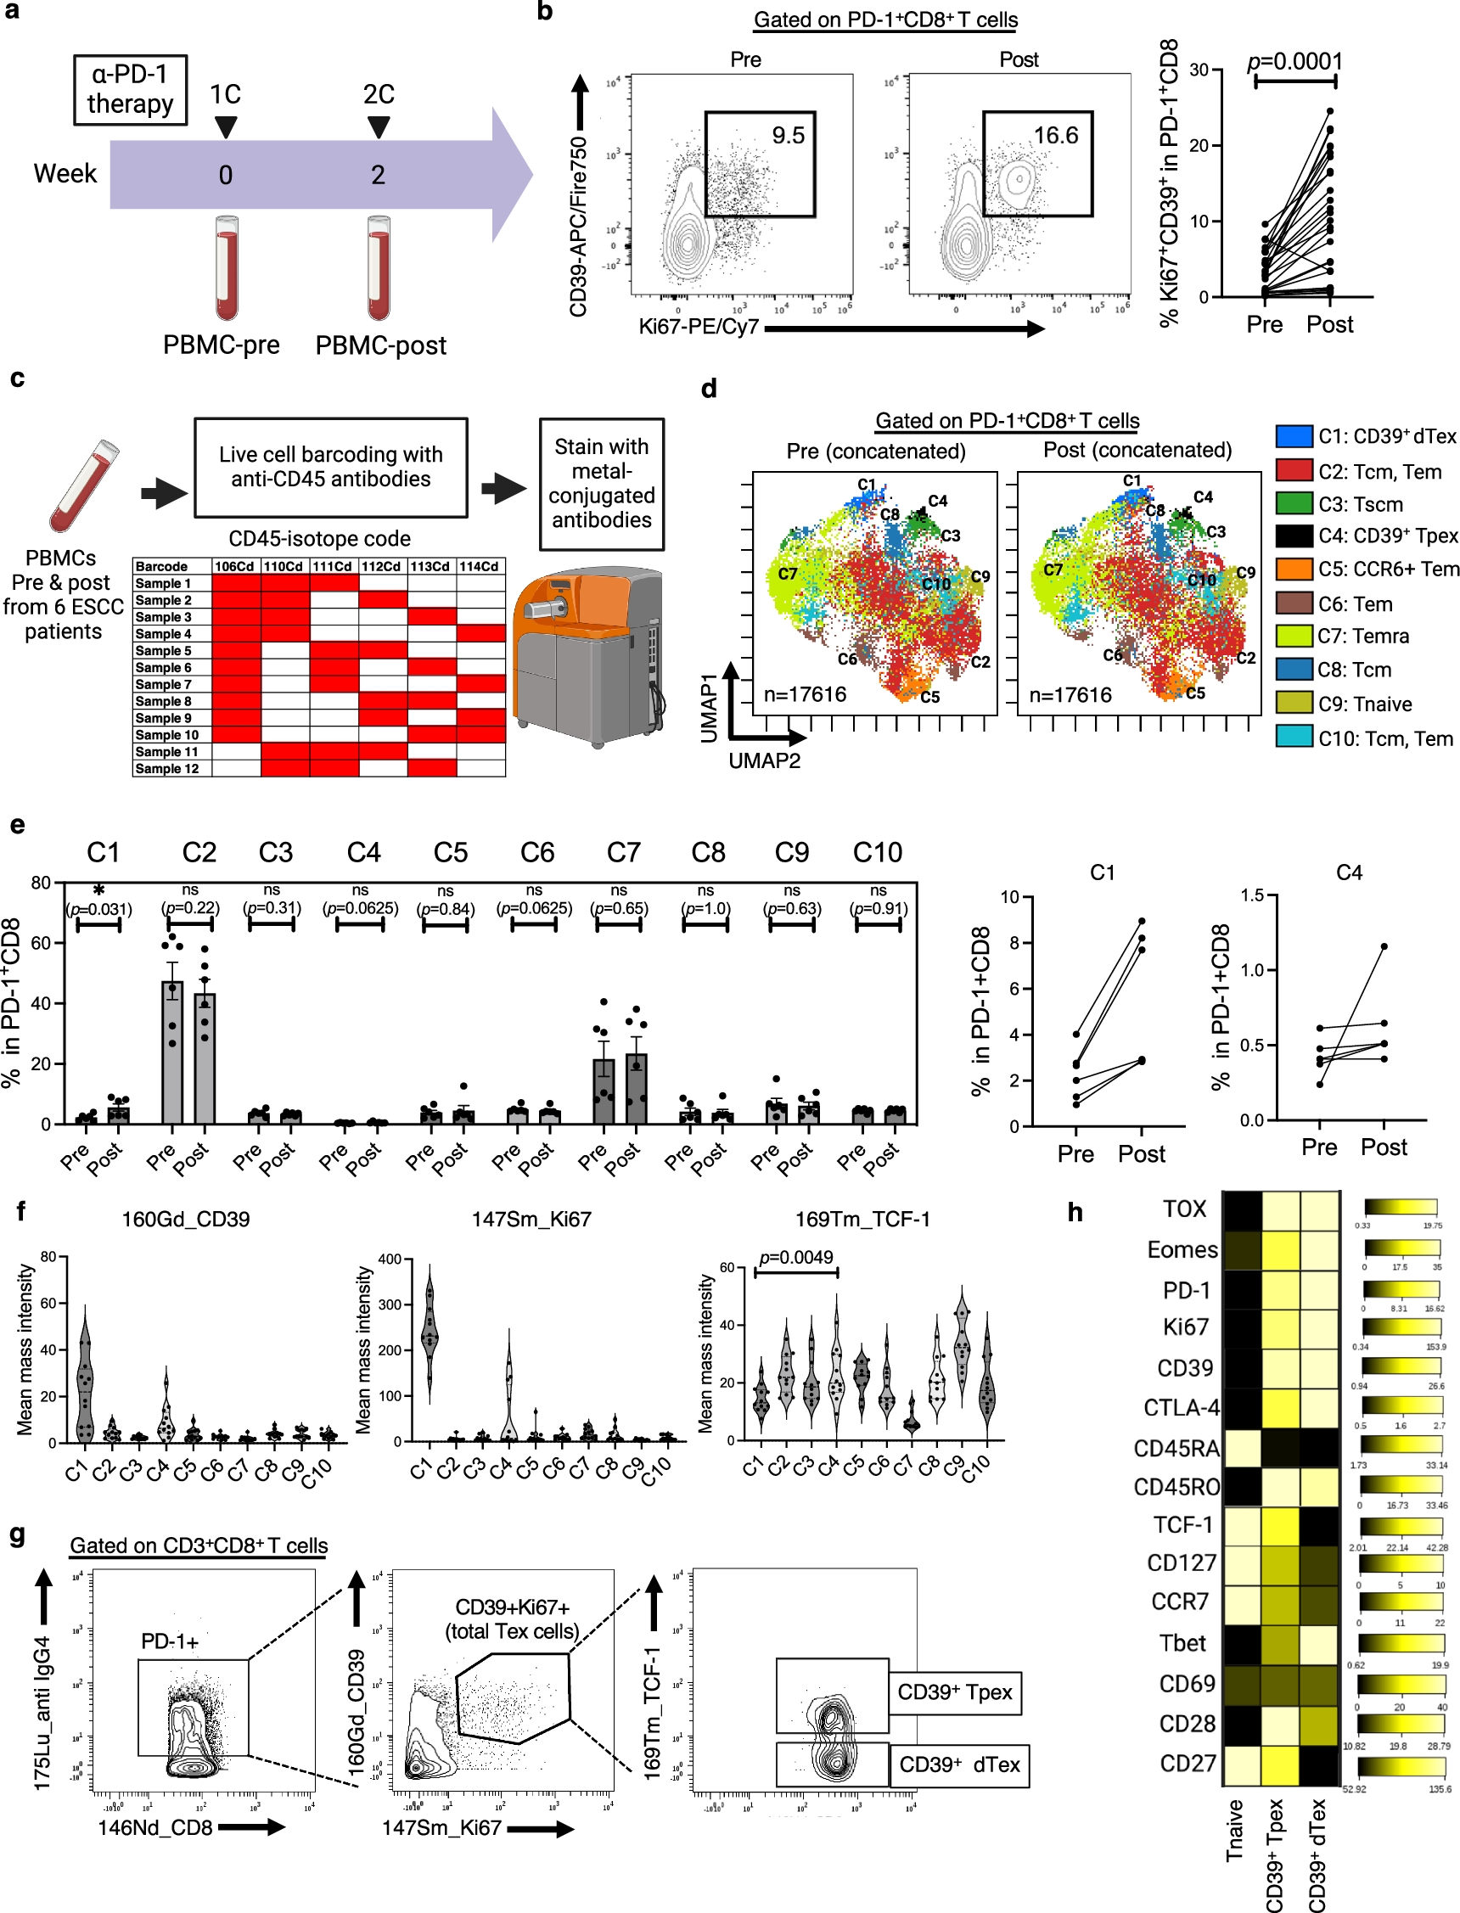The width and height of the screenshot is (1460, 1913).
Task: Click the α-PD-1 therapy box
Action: point(131,89)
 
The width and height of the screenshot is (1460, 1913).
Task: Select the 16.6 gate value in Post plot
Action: point(1055,136)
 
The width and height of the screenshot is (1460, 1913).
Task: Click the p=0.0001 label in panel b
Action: point(1294,62)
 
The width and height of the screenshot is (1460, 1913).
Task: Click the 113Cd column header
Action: point(431,566)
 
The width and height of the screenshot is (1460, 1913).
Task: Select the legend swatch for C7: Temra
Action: point(1293,635)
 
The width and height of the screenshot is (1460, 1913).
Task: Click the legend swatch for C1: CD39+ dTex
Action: point(1293,436)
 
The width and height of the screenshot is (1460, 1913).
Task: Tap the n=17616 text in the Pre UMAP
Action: point(805,694)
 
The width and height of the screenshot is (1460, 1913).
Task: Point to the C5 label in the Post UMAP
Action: point(1196,693)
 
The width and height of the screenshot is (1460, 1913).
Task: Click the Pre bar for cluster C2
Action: point(172,1052)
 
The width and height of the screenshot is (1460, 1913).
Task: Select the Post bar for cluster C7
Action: point(636,1088)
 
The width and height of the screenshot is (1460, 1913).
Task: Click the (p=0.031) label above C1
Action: point(99,909)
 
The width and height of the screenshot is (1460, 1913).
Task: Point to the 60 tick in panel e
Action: point(41,943)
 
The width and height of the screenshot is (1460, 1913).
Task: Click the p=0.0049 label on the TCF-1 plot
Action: point(795,1257)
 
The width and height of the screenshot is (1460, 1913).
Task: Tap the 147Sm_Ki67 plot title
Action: point(531,1219)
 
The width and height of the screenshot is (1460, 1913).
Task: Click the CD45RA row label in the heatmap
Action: point(1176,1448)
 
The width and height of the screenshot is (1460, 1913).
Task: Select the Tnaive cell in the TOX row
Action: point(1241,1209)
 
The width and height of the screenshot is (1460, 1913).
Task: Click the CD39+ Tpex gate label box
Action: point(954,1691)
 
